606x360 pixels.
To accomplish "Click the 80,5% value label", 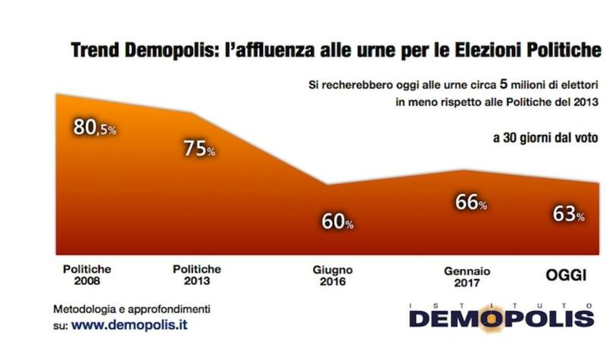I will [94, 128].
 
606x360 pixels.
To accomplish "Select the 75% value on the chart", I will [199, 149].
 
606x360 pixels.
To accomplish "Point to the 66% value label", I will [470, 203].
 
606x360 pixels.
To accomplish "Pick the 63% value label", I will [567, 214].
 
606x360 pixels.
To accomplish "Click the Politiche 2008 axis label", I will [88, 275].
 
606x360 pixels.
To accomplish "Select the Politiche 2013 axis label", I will [197, 275].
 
